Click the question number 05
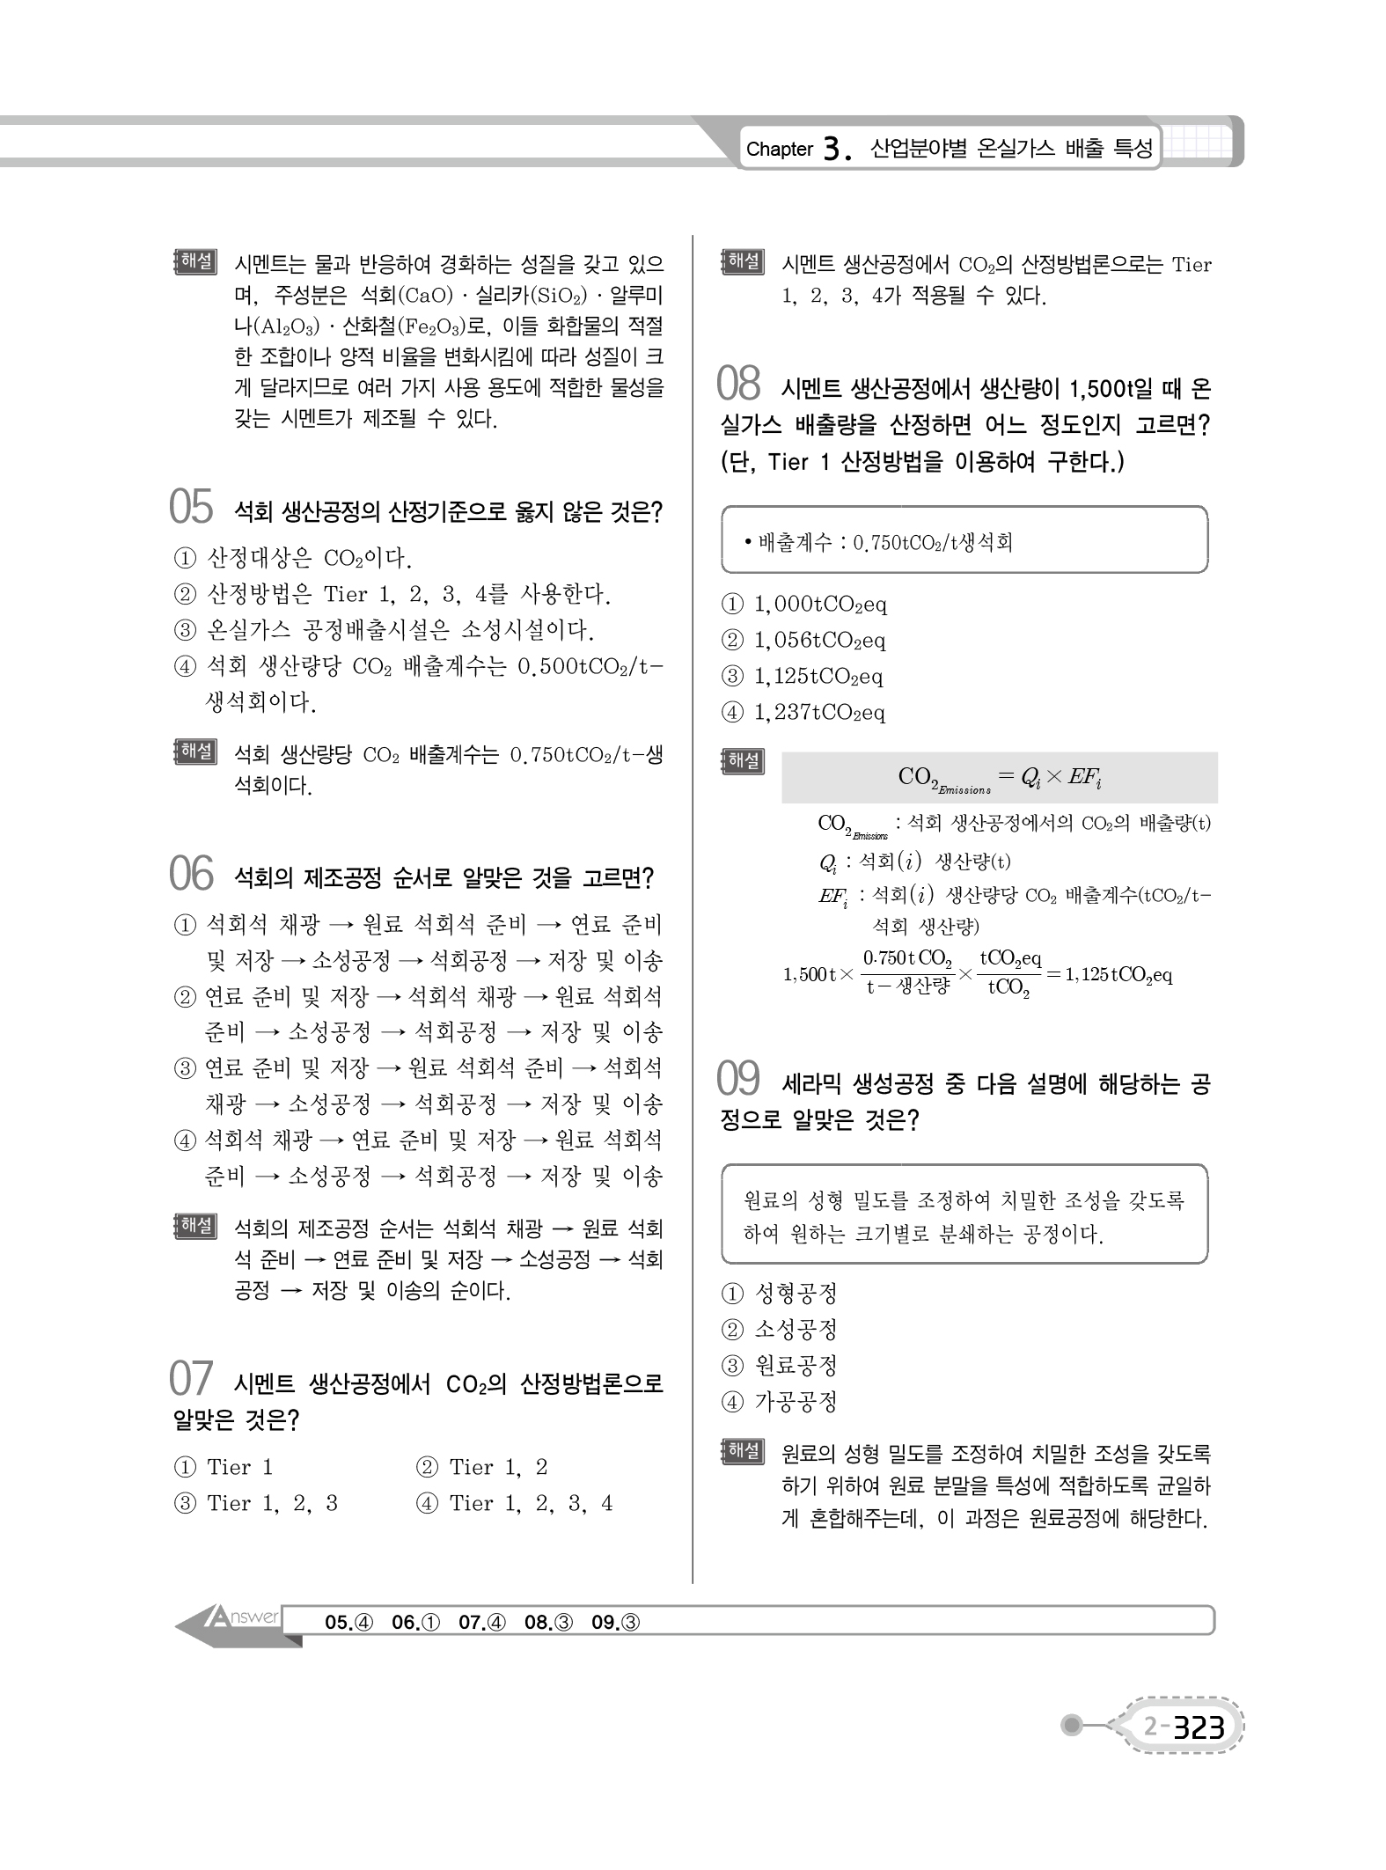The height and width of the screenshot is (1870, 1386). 191,508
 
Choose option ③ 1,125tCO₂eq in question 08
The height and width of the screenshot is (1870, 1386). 803,677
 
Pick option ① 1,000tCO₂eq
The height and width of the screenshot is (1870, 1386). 803,605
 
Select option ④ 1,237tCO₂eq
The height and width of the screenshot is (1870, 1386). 803,713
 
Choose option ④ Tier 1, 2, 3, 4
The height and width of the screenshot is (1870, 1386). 514,1503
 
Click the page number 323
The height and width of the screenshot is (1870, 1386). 1198,1727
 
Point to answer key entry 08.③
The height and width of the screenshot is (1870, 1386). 548,1622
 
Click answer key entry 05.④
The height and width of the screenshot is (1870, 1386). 348,1622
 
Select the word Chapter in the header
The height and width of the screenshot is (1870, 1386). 779,150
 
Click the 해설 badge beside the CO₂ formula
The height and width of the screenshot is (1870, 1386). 742,761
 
